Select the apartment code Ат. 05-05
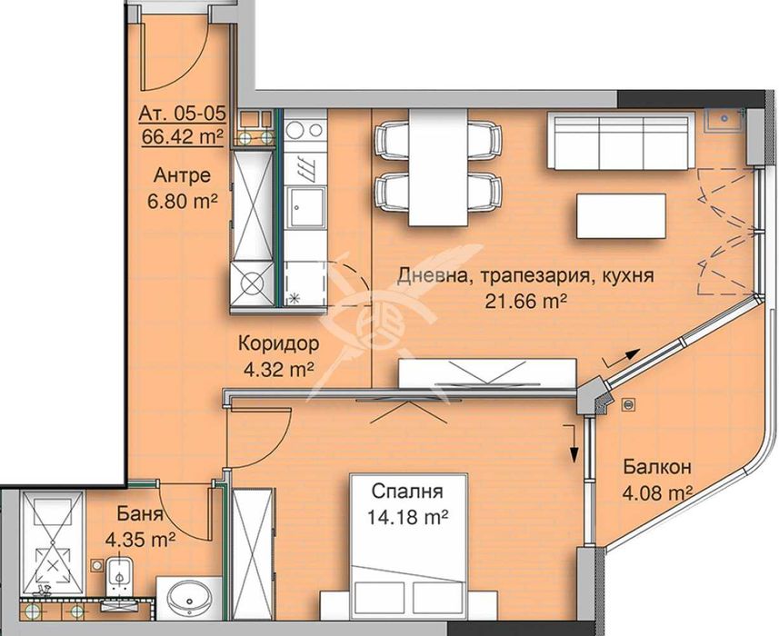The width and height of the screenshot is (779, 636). click(x=182, y=116)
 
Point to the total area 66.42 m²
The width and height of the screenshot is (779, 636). click(x=182, y=136)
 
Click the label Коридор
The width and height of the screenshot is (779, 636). click(x=278, y=344)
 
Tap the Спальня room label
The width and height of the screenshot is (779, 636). click(x=406, y=494)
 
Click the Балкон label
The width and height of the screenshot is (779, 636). click(x=657, y=468)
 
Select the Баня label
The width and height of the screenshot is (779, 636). click(x=140, y=514)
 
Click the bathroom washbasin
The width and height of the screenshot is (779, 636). click(x=191, y=600)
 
